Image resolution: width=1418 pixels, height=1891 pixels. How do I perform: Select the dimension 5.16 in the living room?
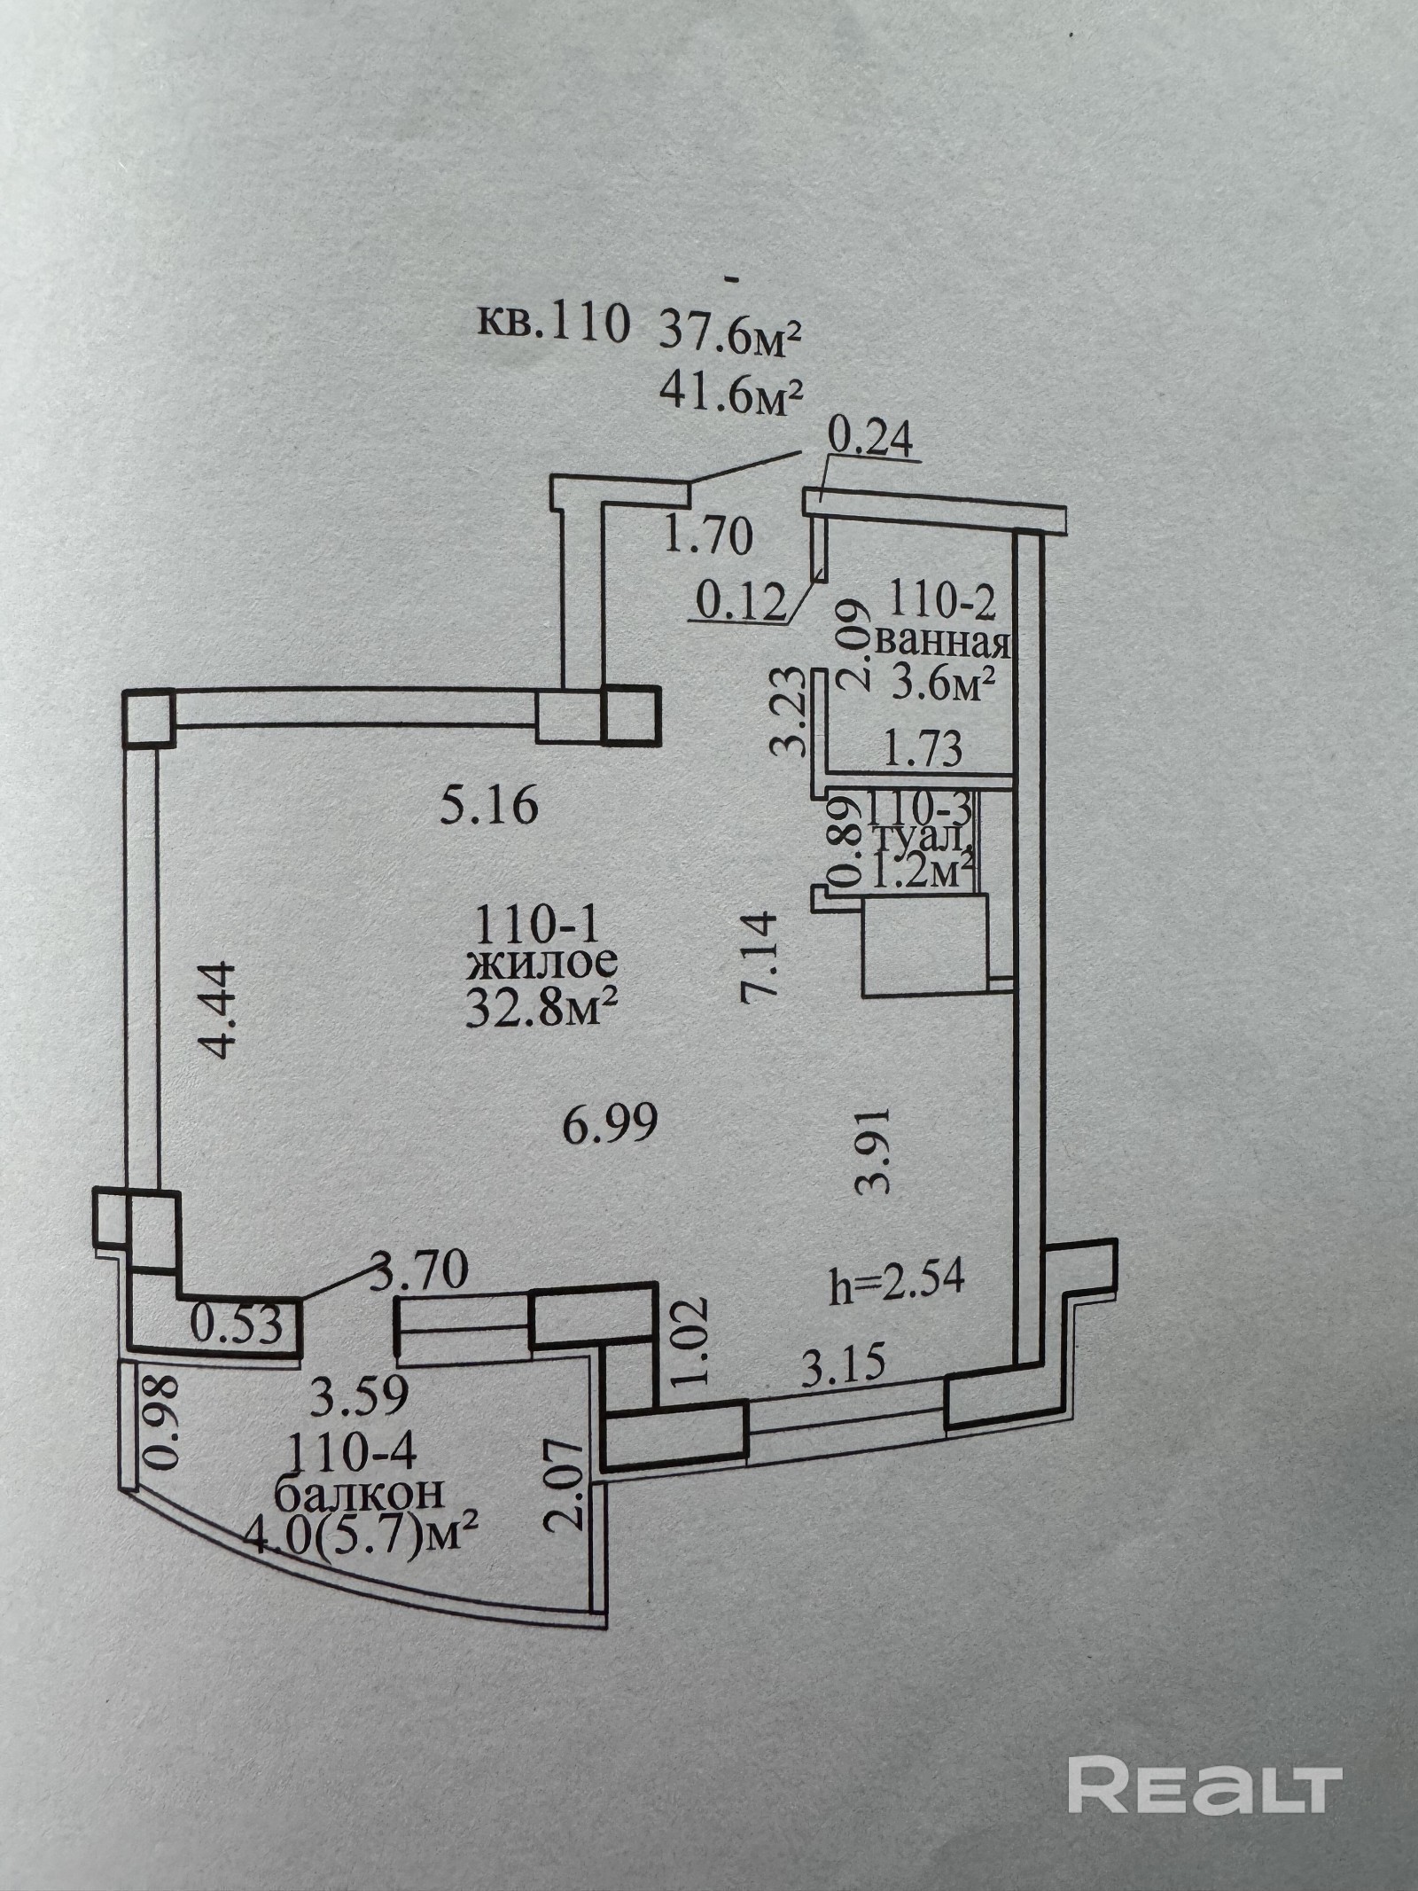click(x=488, y=808)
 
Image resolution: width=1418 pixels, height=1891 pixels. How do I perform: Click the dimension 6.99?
click(x=611, y=1126)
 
